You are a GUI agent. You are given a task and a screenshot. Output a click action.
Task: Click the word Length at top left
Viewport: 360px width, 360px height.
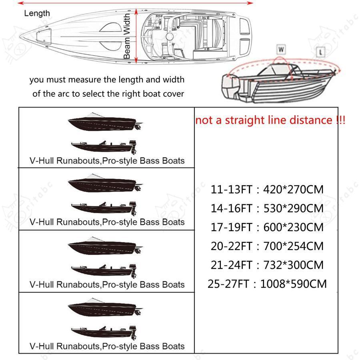tap(37, 13)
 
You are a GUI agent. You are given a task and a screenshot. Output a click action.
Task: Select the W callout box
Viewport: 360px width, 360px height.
tap(281, 50)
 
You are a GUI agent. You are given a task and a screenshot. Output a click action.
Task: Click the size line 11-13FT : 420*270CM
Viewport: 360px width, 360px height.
tap(267, 189)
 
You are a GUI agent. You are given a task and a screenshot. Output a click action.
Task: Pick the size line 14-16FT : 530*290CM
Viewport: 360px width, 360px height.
tap(267, 208)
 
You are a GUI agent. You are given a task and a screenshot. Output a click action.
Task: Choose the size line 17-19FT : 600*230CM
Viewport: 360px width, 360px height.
tap(267, 227)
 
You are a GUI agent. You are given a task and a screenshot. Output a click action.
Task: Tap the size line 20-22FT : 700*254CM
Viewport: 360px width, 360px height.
tap(267, 246)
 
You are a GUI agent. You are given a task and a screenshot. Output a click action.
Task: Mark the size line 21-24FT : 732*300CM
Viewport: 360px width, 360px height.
tap(267, 265)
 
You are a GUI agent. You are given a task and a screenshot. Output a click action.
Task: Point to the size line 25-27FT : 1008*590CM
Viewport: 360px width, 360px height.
tap(267, 284)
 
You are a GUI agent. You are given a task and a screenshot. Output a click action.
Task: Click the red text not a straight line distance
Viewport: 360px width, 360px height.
tap(270, 120)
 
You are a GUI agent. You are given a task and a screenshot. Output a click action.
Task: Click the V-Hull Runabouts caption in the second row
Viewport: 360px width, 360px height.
tap(107, 222)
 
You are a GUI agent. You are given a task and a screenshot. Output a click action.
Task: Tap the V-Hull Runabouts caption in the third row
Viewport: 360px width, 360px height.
tap(107, 285)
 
